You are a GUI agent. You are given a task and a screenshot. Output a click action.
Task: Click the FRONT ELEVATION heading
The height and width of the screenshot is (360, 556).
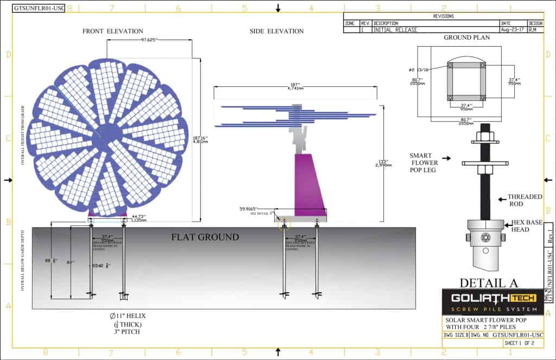click(x=113, y=31)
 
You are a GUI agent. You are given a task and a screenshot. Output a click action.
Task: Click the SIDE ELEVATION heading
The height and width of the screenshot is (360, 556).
click(x=276, y=31)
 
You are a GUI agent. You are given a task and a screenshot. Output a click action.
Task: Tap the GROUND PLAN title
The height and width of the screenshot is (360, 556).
click(x=466, y=38)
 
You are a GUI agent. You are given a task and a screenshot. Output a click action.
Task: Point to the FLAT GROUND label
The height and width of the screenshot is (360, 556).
click(x=205, y=237)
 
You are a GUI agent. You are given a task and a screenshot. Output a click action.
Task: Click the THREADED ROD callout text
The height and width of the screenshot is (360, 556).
click(x=525, y=200)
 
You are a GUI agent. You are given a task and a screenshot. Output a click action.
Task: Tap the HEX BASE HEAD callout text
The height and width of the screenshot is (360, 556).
click(x=527, y=226)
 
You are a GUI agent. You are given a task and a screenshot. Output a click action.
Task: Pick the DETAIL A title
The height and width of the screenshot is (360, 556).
click(x=489, y=282)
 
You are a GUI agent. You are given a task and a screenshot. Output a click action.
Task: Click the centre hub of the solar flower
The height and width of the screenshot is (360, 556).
click(x=108, y=134)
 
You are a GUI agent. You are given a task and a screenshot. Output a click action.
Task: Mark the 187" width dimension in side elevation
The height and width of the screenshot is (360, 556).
click(x=295, y=87)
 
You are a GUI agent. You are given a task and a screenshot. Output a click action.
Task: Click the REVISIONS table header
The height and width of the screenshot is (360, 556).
click(x=443, y=16)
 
